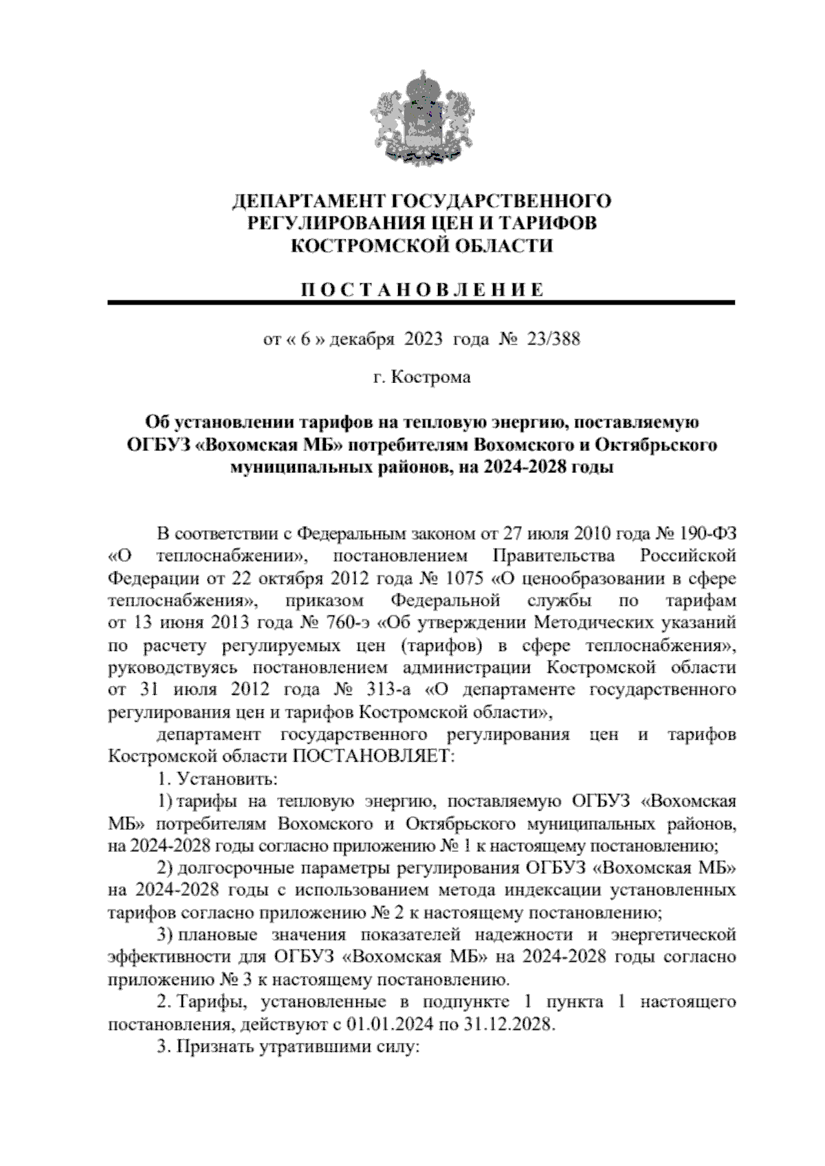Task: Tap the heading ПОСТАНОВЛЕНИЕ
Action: [x=421, y=289]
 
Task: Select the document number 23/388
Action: [x=552, y=339]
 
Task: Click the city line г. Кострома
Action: [x=421, y=377]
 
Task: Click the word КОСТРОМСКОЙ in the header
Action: [x=353, y=245]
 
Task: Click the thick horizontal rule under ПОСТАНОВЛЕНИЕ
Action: [x=421, y=302]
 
